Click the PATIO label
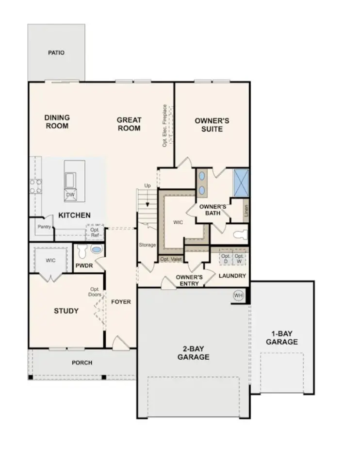coord(56,52)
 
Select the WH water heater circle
coord(238,295)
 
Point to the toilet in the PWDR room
coord(82,251)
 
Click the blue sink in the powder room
coord(97,249)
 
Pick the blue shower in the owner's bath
coord(241,183)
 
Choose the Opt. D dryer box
coord(226,258)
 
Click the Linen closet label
coord(246,210)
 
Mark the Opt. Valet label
coord(170,259)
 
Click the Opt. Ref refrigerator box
coord(95,232)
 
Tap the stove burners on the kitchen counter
coord(35,186)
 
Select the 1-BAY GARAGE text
coord(281,338)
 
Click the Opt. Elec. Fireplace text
coord(165,126)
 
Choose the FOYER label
coord(121,301)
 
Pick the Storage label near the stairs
coord(147,245)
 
